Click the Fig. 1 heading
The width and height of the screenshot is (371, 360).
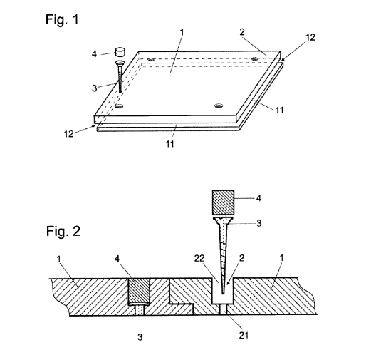tap(62, 19)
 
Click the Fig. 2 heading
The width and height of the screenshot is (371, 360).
tap(63, 231)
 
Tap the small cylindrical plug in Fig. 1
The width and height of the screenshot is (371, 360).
tap(120, 52)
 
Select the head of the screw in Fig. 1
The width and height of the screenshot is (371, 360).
tap(120, 63)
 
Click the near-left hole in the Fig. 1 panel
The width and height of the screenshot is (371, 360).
tap(119, 106)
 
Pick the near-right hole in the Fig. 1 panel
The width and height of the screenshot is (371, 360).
tap(219, 106)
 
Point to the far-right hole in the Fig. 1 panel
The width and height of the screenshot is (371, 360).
tap(254, 58)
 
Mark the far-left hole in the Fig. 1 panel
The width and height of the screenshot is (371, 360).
tap(151, 59)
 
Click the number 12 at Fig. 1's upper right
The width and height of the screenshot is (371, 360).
tap(310, 37)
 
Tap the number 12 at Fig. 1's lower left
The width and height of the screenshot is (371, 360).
tap(69, 134)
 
